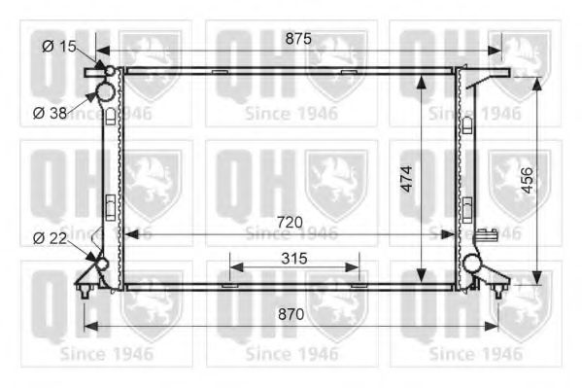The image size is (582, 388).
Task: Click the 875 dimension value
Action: pos(297,39)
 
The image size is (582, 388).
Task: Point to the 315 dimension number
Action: pos(294,259)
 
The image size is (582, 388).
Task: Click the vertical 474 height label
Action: pos(407,179)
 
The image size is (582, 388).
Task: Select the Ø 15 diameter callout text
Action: pos(58,46)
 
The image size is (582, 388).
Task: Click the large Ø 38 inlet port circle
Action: pos(106,92)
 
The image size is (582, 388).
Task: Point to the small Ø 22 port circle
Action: pos(101,264)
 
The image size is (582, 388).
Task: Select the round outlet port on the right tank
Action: pos(471,263)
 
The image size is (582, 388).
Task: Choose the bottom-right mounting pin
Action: pos(499,288)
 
